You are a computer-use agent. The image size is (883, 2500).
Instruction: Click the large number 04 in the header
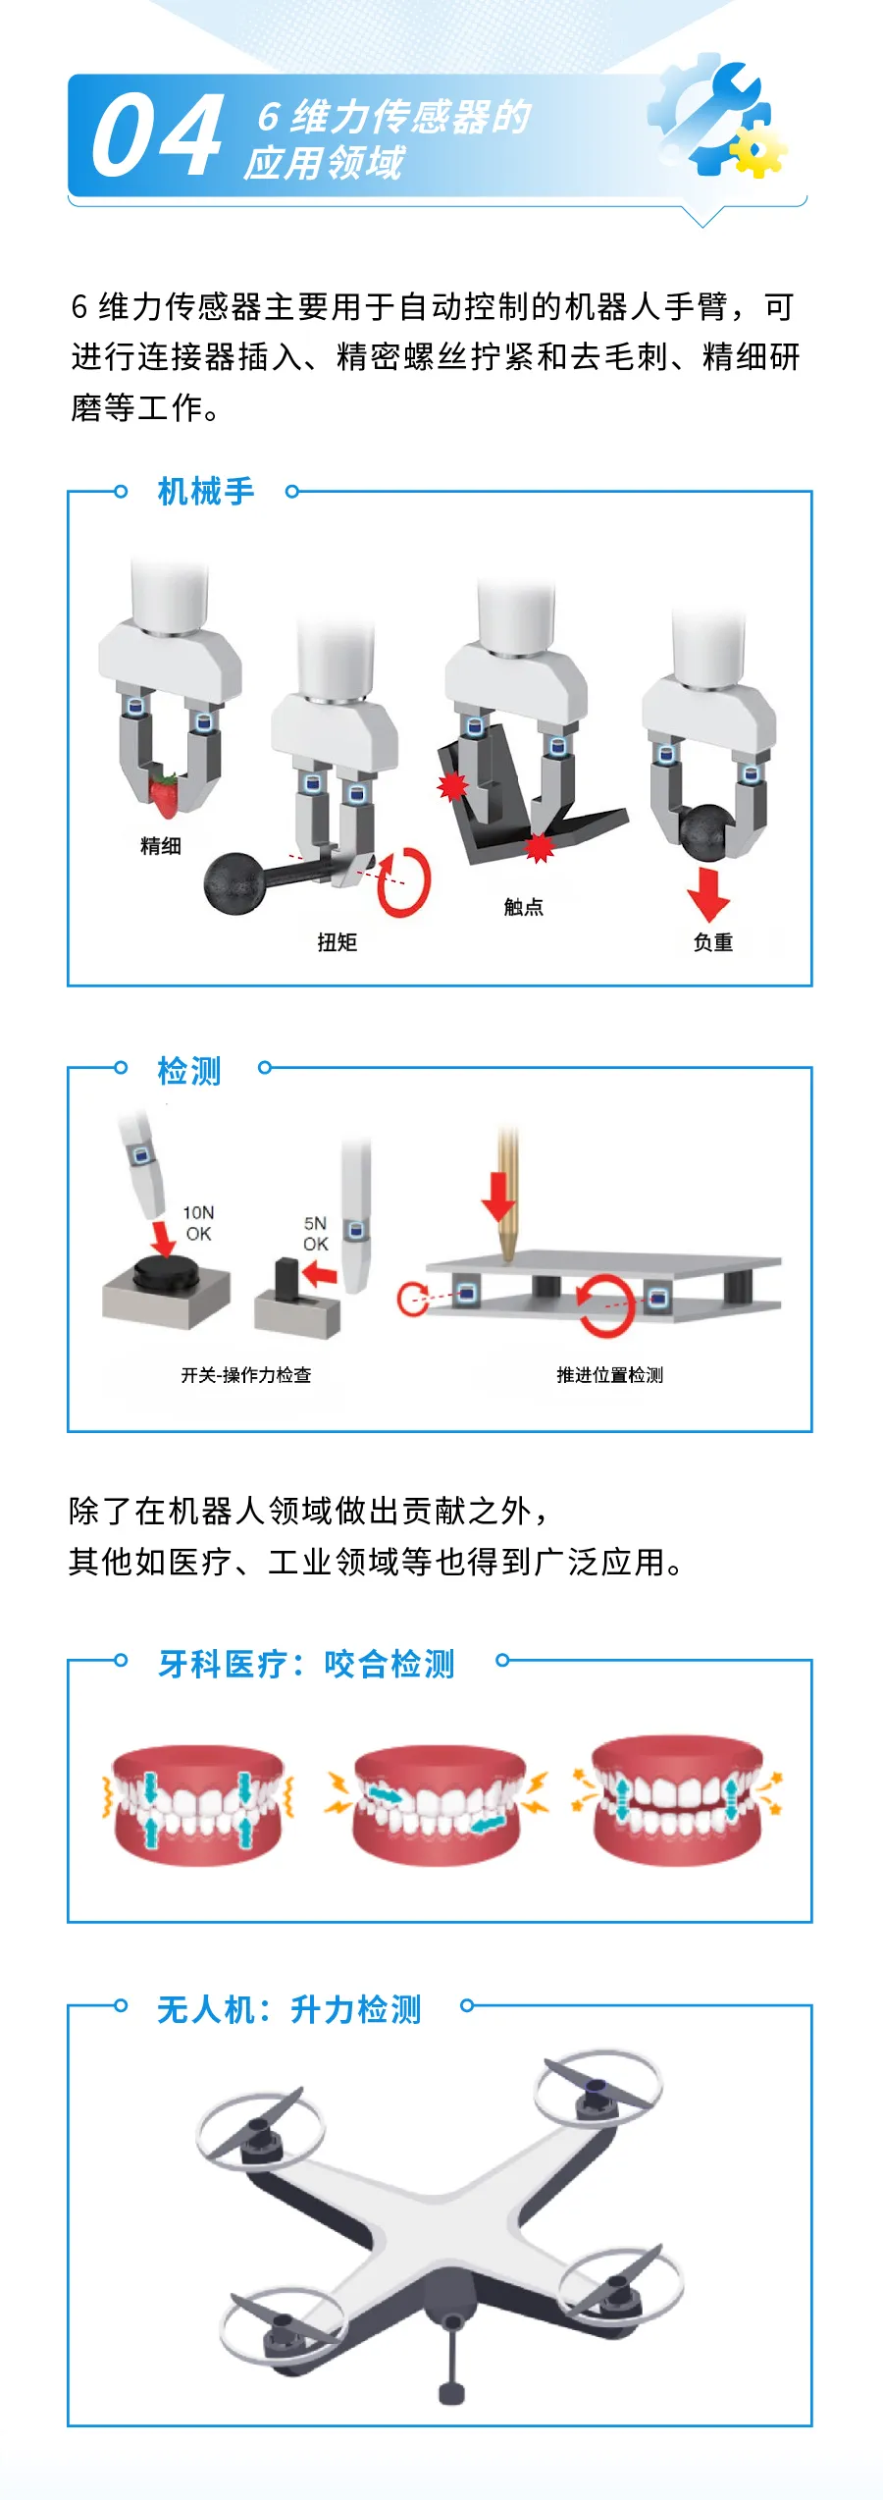[157, 135]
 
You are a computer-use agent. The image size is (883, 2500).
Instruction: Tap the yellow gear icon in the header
[756, 151]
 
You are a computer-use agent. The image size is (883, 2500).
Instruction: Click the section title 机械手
[206, 491]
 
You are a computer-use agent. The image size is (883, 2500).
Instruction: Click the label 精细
[161, 846]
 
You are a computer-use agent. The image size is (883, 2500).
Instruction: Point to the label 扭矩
[338, 942]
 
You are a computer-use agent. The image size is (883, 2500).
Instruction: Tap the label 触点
[524, 907]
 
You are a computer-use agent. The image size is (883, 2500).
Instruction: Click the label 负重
[713, 942]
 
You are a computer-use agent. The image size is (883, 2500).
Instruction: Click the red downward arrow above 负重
[708, 893]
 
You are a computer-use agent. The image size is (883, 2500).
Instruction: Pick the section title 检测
[189, 1071]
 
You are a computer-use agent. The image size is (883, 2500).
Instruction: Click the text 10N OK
[198, 1223]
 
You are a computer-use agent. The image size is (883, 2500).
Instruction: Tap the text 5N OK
[315, 1234]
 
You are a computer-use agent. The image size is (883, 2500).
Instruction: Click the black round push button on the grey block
[166, 1272]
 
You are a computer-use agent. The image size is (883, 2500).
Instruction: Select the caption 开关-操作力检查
[246, 1375]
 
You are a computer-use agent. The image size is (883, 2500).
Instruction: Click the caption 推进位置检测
[610, 1375]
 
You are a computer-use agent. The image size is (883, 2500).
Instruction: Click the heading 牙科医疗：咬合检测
[307, 1664]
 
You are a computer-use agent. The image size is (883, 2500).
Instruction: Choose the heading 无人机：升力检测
[289, 2009]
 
